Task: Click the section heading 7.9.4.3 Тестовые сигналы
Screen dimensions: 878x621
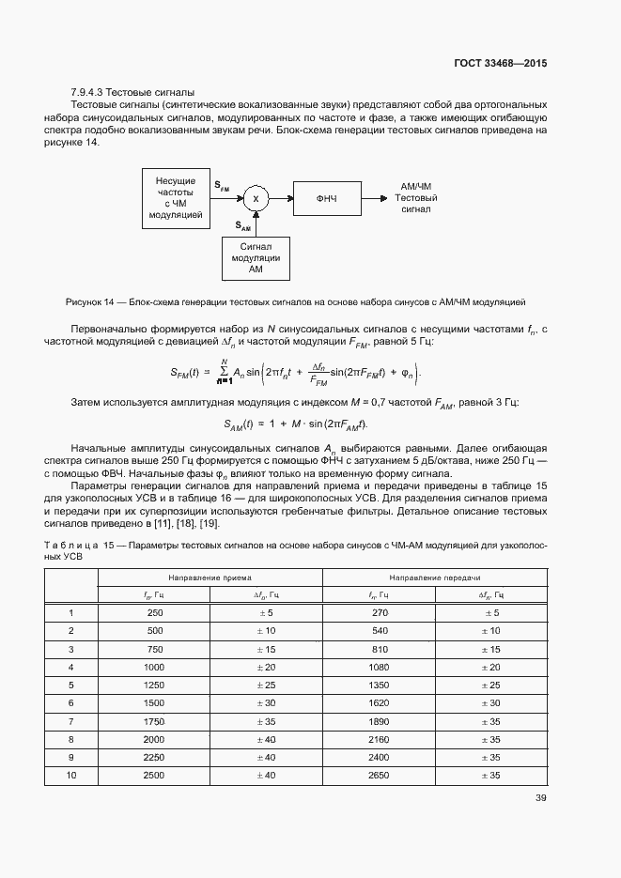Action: tap(133, 92)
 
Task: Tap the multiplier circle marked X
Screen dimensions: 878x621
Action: tap(256, 198)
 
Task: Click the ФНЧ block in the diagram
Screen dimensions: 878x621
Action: tap(326, 198)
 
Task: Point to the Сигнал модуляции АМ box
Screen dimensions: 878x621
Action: tap(256, 257)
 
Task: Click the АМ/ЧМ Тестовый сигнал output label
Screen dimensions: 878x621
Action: tap(415, 198)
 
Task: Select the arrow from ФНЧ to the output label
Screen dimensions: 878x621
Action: tap(374, 198)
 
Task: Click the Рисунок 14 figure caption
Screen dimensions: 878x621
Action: tap(295, 302)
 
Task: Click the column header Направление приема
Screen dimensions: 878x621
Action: tap(210, 578)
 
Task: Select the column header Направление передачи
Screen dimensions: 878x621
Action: tap(435, 578)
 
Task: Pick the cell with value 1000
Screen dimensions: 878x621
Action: tap(154, 667)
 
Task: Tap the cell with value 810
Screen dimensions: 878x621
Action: tap(380, 649)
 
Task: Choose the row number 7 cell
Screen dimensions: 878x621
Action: tap(71, 720)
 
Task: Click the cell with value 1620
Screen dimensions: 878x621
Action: tap(380, 702)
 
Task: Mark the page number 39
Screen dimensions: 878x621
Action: tap(540, 798)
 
